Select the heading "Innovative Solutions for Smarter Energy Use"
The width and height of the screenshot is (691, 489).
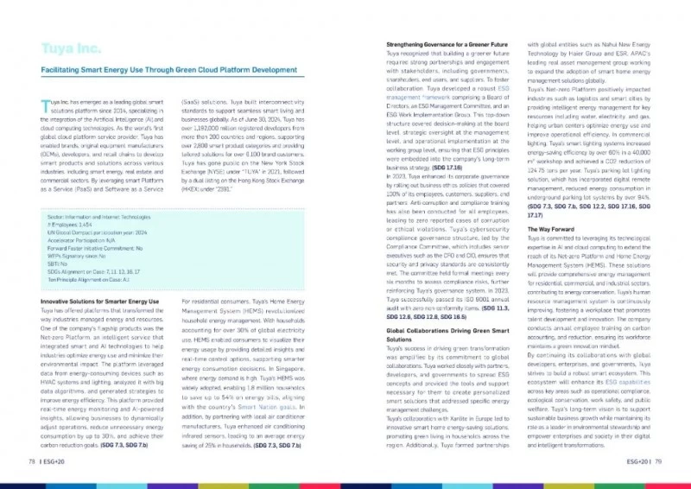pyautogui.click(x=100, y=301)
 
